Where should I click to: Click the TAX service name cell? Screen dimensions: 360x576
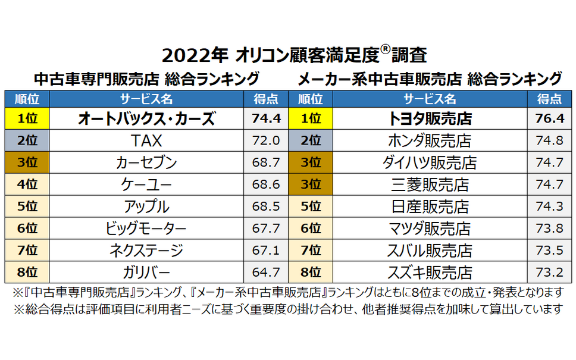click(146, 140)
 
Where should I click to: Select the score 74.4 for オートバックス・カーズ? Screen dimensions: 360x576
click(265, 118)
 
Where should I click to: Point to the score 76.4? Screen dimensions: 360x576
click(549, 118)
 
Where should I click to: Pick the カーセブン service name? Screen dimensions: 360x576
click(146, 162)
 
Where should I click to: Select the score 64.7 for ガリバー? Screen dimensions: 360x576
click(265, 273)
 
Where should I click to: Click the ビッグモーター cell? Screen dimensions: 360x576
click(146, 228)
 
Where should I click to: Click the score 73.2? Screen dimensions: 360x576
click(549, 273)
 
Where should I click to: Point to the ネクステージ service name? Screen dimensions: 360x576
click(146, 251)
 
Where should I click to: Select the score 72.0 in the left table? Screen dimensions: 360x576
click(265, 140)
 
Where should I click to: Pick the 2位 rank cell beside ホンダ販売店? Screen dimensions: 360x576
click(310, 140)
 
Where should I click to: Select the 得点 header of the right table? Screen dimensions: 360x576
click(549, 99)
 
